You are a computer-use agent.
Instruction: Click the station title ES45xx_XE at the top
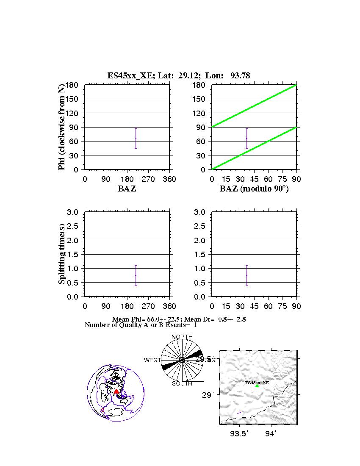click(x=126, y=76)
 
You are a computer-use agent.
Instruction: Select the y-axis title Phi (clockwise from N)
click(x=62, y=127)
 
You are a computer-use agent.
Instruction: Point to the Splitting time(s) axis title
click(x=62, y=254)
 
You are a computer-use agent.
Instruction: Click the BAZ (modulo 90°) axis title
click(x=254, y=189)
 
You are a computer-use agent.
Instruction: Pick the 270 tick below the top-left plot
click(x=148, y=179)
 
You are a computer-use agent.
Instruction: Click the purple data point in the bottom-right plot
click(x=246, y=275)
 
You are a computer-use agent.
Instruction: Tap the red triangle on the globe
click(x=116, y=391)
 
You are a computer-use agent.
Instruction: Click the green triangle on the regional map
click(x=257, y=386)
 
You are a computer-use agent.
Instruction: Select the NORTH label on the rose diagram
click(x=182, y=337)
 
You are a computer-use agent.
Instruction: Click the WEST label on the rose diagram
click(x=152, y=360)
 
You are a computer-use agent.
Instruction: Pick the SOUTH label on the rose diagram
click(x=182, y=383)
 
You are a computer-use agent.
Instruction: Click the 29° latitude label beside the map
click(x=207, y=395)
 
